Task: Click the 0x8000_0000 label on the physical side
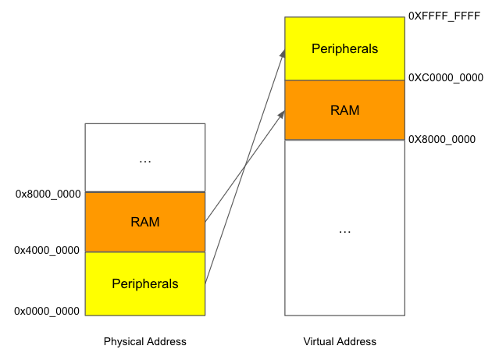(48, 193)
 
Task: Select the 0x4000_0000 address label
(48, 251)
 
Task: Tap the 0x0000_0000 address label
(48, 311)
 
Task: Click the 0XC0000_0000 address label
(446, 78)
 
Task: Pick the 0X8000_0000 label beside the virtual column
(442, 139)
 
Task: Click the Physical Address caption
(145, 342)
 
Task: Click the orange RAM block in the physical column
(145, 222)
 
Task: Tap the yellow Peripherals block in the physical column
(145, 283)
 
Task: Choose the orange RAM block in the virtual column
(344, 110)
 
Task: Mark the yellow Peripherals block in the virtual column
(344, 48)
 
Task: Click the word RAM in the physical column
(145, 222)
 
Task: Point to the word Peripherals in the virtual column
(344, 48)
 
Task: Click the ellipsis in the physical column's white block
(145, 159)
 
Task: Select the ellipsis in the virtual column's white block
(344, 231)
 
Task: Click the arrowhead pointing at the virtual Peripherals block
(282, 52)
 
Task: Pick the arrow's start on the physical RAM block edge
(205, 222)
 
